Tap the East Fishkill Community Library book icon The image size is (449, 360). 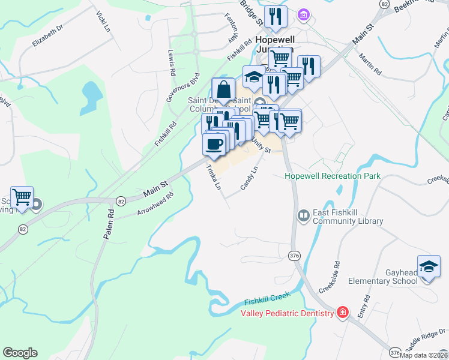[303, 215]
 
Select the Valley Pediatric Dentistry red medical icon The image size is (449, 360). [342, 313]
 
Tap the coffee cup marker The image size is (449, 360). [214, 144]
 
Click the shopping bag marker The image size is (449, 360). [223, 90]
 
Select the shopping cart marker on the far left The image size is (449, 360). [22, 196]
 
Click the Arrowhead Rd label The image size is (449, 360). [155, 203]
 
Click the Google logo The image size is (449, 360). [20, 353]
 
